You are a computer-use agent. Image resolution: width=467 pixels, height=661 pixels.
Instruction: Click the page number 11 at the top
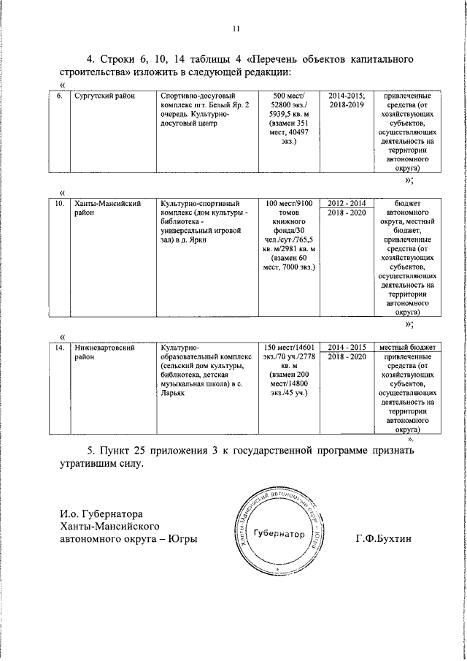tap(235, 28)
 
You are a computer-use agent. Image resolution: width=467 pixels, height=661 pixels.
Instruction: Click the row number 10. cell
tap(62, 204)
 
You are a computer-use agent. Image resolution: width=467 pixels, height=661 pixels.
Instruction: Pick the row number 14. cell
tap(62, 348)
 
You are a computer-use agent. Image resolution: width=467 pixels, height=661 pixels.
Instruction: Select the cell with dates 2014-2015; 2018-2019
tap(347, 102)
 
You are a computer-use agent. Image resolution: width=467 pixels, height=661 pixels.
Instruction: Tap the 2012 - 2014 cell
tap(347, 203)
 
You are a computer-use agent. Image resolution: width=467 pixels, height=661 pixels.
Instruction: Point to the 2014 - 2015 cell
tap(347, 347)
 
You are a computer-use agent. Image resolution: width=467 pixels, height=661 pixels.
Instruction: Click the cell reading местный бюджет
tap(404, 347)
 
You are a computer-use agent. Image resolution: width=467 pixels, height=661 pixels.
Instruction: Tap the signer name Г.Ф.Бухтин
tap(383, 538)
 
